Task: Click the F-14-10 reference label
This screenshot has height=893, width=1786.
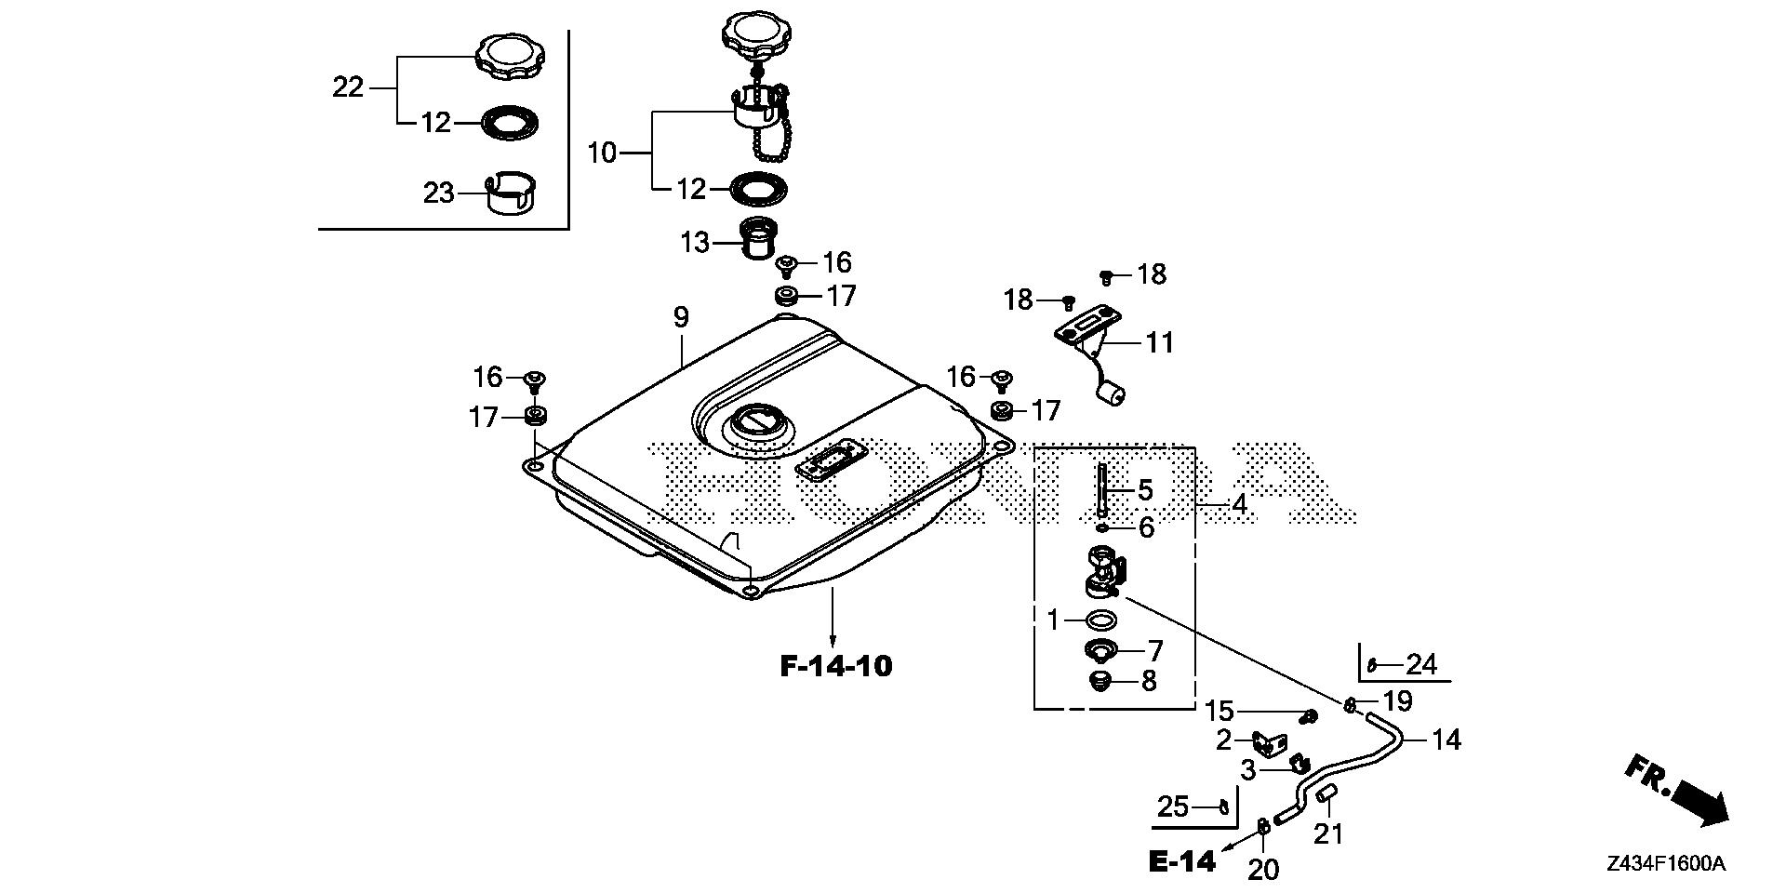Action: [x=835, y=666]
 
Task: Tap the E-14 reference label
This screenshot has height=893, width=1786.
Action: [x=1181, y=861]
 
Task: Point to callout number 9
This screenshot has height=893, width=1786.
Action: [x=681, y=317]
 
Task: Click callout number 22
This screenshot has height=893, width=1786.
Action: [x=348, y=87]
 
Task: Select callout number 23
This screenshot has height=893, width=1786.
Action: [x=438, y=193]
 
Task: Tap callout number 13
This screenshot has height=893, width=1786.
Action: [x=695, y=242]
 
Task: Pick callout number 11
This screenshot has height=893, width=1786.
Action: [x=1159, y=342]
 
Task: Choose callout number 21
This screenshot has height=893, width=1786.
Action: [x=1328, y=833]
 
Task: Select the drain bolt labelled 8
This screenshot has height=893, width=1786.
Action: [x=1100, y=681]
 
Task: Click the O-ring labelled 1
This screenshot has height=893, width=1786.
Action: [x=1100, y=620]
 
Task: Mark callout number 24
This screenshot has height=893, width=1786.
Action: [x=1420, y=664]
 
